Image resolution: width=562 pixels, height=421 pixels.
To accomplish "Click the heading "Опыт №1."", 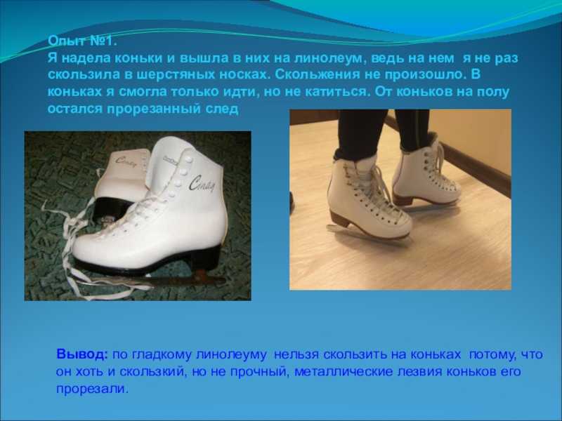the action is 82,41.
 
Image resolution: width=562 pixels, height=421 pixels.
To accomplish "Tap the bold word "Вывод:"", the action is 81,354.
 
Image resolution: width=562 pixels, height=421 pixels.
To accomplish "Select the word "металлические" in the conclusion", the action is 344,372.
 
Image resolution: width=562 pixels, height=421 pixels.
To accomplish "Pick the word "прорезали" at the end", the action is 92,389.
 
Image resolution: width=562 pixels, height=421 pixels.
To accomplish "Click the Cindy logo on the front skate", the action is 202,183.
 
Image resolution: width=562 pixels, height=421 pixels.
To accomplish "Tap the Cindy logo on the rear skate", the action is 126,162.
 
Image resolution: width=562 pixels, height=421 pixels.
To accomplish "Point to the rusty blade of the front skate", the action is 179,278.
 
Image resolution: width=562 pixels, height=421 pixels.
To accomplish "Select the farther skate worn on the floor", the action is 426,174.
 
